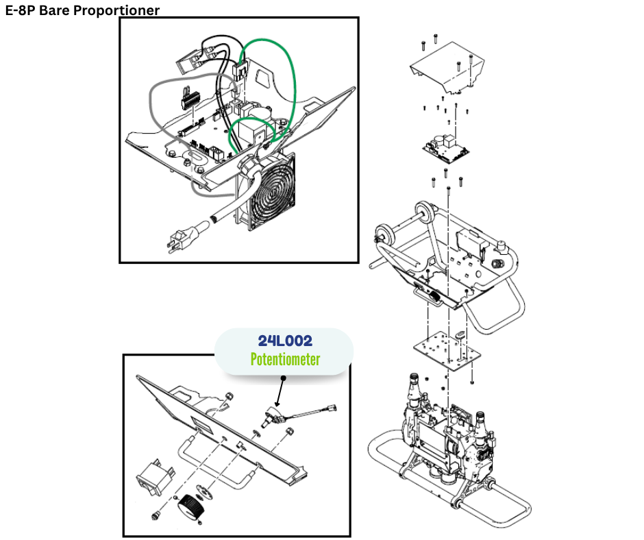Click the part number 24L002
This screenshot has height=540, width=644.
click(284, 341)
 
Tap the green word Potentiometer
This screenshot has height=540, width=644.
click(284, 358)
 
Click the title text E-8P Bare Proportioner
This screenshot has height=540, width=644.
click(82, 10)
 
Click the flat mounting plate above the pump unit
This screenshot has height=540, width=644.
click(445, 350)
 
